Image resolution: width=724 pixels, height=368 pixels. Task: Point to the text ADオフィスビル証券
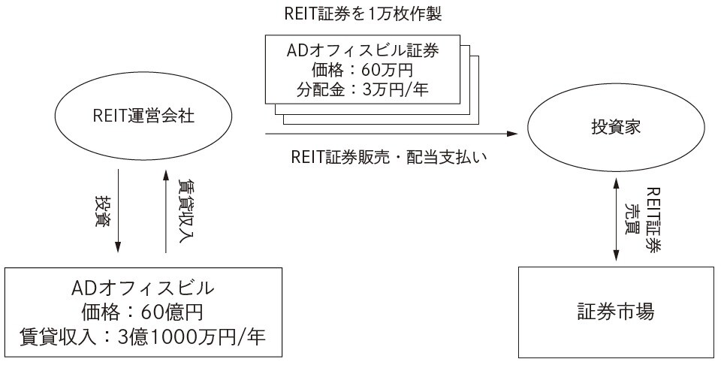(363, 53)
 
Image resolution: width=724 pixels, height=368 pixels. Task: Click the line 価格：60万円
(363, 73)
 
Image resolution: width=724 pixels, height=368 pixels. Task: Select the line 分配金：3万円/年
(363, 93)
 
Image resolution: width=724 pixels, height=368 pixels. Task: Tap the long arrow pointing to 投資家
(391, 135)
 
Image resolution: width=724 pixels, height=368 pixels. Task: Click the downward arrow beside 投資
(117, 218)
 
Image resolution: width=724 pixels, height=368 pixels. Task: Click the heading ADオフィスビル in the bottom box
(142, 286)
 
